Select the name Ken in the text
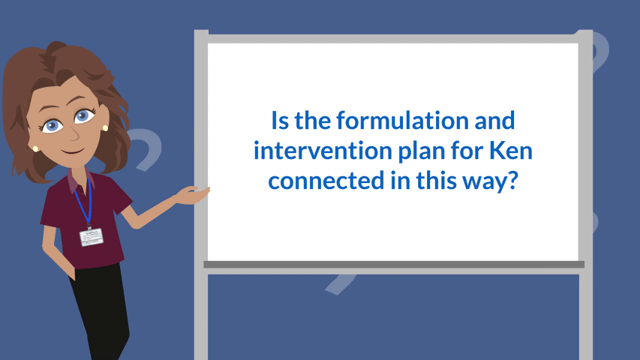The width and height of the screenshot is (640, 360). [511, 150]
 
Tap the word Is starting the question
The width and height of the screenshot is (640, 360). [280, 121]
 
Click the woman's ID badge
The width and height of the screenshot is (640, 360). [91, 237]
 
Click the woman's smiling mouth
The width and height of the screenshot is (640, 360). [73, 151]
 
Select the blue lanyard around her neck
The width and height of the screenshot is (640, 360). [84, 202]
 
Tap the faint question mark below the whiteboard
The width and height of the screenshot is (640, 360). [340, 283]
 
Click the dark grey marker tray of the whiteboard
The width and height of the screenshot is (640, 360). [394, 265]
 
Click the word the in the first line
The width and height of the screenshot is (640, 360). [313, 121]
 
